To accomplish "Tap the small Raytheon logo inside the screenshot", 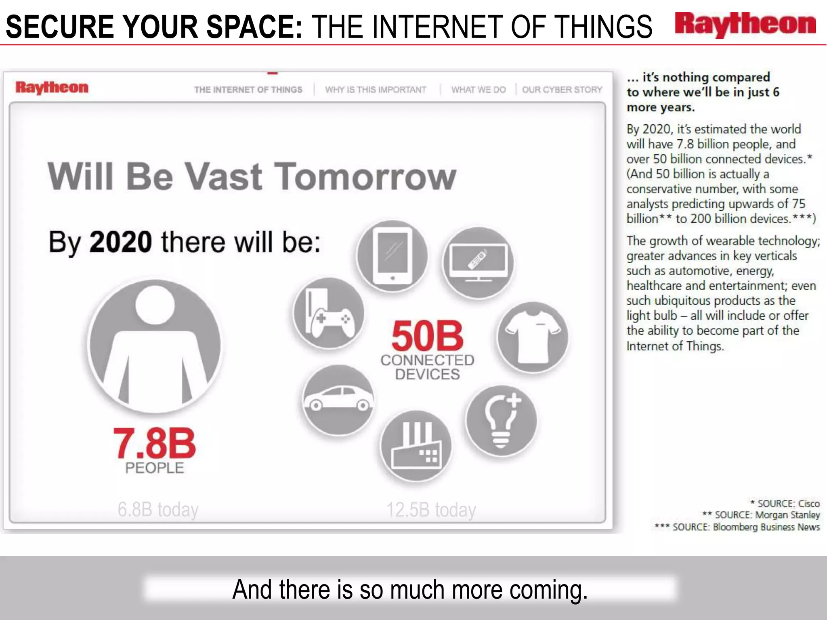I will point(52,87).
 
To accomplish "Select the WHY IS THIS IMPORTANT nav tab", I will point(376,90).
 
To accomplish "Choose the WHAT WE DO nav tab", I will point(478,90).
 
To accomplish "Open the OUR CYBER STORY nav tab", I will point(562,90).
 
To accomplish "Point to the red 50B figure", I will point(427,336).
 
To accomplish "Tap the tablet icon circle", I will point(392,256).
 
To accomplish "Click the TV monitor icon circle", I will point(478,263).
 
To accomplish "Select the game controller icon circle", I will point(329,313).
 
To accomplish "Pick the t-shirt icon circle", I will point(533,337).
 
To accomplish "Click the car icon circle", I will point(338,400).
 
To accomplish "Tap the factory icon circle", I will point(416,446).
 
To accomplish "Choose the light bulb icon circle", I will point(501,421).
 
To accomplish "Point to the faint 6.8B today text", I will point(158,509).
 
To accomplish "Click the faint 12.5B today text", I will point(431,510).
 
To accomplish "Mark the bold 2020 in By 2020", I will point(120,242).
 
